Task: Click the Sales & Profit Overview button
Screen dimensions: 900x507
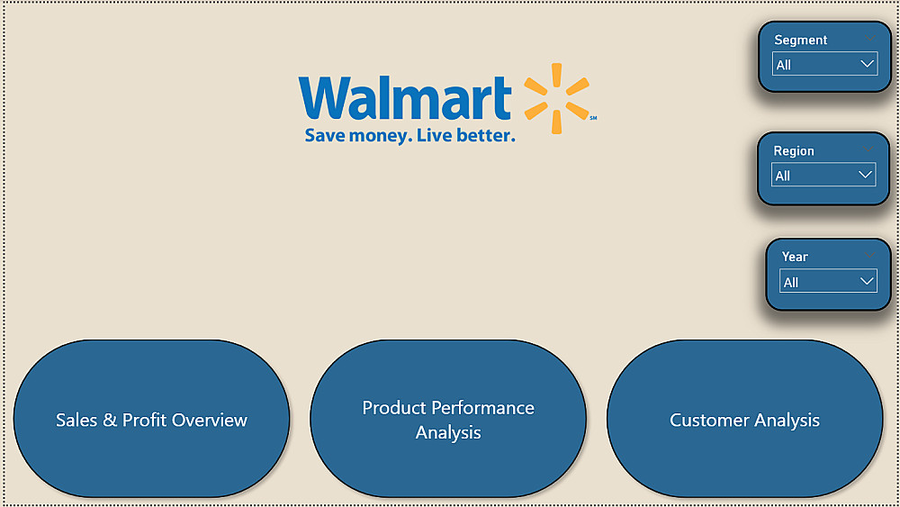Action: click(151, 419)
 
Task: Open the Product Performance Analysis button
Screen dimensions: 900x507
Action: click(448, 419)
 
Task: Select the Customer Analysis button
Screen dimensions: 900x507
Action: click(744, 419)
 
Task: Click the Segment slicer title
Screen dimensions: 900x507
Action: click(801, 41)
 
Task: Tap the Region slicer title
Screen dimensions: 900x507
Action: click(794, 151)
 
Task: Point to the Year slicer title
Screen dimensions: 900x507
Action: click(795, 257)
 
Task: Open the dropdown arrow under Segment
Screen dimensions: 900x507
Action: click(867, 64)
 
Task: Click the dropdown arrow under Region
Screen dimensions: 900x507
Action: click(865, 175)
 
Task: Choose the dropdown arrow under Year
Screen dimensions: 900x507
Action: click(867, 281)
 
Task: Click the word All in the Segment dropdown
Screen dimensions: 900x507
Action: click(784, 65)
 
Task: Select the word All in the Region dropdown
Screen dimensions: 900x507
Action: click(783, 176)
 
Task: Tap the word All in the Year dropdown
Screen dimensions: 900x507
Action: click(791, 283)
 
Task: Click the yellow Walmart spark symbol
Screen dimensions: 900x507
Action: click(557, 98)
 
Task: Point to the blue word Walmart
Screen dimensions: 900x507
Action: click(405, 98)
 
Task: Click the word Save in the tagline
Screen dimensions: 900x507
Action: click(325, 136)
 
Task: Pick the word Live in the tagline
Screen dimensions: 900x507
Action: click(434, 135)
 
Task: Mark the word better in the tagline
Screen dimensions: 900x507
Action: click(485, 135)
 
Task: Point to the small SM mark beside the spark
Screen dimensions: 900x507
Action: click(593, 118)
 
